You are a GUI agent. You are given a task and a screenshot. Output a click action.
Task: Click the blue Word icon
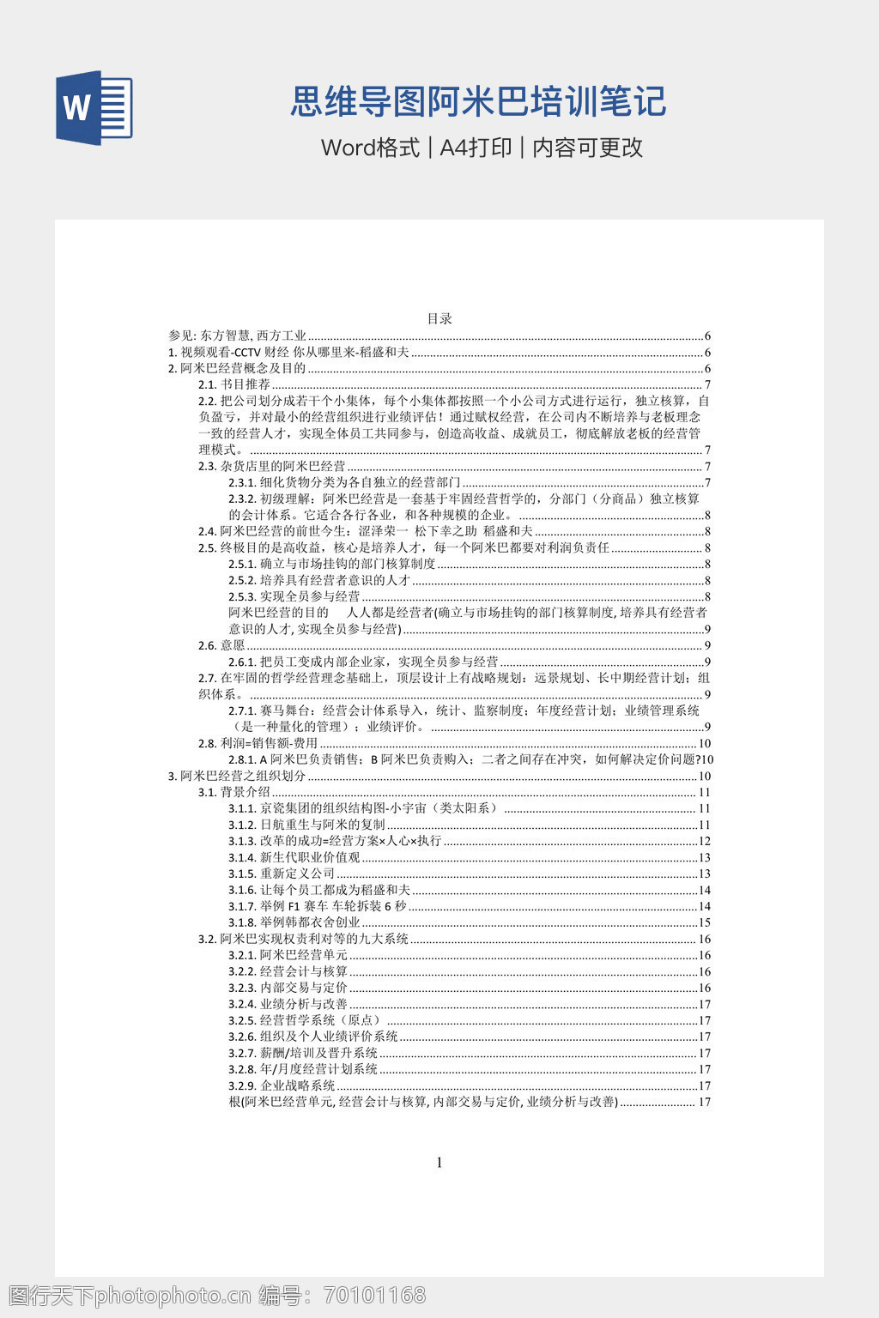pos(94,108)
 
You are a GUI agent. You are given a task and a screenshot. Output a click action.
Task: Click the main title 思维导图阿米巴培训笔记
pos(478,101)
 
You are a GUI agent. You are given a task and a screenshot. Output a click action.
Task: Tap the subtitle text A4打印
pos(476,148)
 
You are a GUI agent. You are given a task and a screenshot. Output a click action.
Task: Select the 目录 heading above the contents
pos(439,318)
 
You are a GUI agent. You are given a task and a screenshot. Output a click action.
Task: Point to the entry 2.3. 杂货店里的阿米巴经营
pos(272,466)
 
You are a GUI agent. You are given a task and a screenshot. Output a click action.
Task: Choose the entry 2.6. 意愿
pos(221,645)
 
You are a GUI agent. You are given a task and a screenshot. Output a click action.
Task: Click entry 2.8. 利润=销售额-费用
pos(258,743)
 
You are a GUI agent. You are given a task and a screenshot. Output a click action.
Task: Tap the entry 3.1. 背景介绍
pos(234,792)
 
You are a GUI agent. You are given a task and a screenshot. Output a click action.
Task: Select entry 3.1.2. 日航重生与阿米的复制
pos(307,825)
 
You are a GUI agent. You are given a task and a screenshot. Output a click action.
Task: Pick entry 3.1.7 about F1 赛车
pos(318,906)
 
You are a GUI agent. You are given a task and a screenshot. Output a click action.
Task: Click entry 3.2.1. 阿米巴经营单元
pos(288,955)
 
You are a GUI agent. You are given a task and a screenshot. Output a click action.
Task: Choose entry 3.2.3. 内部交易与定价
pos(288,988)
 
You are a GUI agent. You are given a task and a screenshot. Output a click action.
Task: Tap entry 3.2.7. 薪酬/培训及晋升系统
pos(303,1053)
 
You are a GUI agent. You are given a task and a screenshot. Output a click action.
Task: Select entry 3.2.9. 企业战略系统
pos(282,1085)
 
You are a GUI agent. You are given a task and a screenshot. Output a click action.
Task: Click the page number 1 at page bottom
pos(439,1163)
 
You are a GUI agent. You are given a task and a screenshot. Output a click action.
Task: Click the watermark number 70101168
pos(373,1295)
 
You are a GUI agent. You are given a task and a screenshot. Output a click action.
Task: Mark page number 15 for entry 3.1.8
pos(705,922)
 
